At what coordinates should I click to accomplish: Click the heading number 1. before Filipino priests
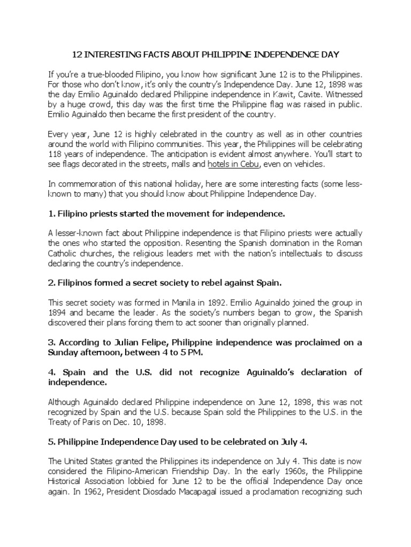click(51, 214)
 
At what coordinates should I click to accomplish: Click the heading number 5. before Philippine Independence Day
click(51, 443)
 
